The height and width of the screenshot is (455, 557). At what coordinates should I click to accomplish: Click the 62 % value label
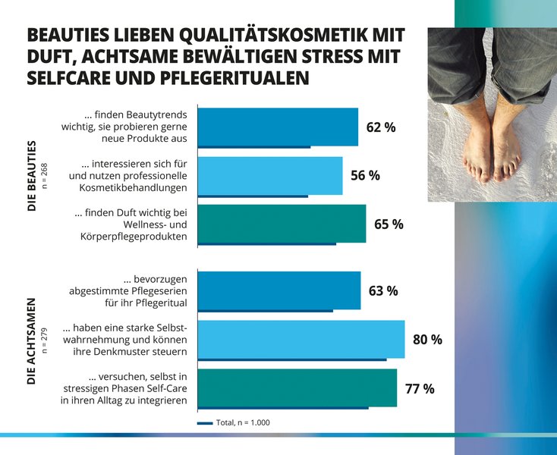pyautogui.click(x=380, y=127)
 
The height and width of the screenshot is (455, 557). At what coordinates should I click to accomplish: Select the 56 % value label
pyautogui.click(x=365, y=176)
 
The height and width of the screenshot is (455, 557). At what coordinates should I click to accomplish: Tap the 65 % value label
pyautogui.click(x=388, y=224)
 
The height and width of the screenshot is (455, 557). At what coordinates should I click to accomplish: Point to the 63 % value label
pyautogui.click(x=382, y=290)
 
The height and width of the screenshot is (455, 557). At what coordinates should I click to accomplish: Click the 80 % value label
pyautogui.click(x=426, y=340)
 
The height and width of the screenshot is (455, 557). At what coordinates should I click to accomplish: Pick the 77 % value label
pyautogui.click(x=419, y=389)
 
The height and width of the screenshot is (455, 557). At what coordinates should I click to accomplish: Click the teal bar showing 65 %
pyautogui.click(x=282, y=223)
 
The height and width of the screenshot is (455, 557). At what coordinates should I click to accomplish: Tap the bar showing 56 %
pyautogui.click(x=269, y=175)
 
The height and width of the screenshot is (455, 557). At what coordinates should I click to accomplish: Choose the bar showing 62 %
pyautogui.click(x=277, y=126)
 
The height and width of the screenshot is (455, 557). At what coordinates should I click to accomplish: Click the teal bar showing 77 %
pyautogui.click(x=297, y=388)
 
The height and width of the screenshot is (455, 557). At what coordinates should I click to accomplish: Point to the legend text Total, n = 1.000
pyautogui.click(x=243, y=422)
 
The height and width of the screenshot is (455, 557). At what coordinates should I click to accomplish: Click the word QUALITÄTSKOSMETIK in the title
pyautogui.click(x=259, y=36)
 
